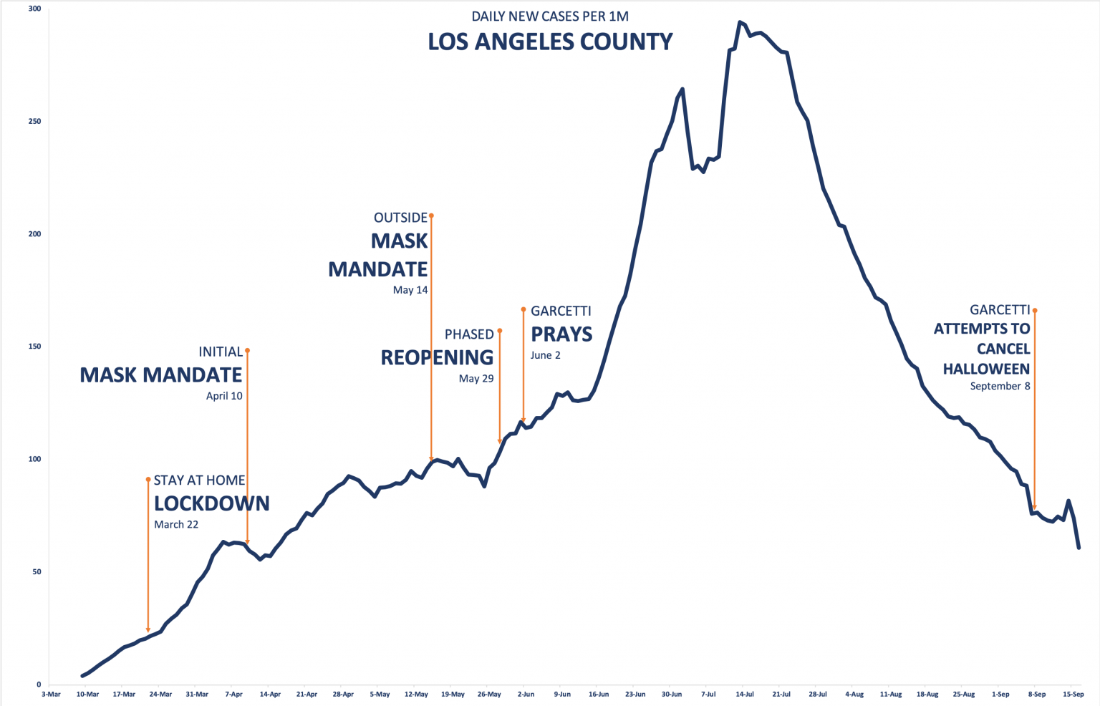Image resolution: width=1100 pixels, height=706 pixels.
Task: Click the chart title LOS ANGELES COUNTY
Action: coord(550,42)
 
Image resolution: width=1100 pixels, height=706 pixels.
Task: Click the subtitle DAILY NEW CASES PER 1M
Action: coord(550,16)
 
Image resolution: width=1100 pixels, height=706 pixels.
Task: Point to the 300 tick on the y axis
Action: coord(35,9)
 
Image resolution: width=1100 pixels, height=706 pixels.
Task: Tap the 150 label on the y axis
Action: coord(35,347)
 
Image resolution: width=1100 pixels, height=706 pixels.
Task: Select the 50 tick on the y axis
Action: coord(37,572)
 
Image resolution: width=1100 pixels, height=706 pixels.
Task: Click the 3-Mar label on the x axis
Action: coord(51,694)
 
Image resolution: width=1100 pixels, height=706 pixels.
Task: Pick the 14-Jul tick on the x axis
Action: coord(745,694)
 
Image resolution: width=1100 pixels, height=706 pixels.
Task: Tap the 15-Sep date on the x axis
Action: coord(1073,694)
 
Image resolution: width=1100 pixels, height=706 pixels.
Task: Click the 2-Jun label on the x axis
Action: coord(526,694)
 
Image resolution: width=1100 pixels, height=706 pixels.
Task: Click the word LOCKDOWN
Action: coord(212,503)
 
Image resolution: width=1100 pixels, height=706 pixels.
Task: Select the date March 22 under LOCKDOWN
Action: coord(176,525)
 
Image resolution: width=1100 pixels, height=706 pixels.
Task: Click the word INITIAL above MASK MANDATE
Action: coord(221,352)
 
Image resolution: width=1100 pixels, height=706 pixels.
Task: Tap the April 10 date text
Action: coord(224,396)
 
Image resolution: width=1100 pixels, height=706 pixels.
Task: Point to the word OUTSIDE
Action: coord(400,218)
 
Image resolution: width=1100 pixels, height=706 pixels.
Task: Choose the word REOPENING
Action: coord(437,357)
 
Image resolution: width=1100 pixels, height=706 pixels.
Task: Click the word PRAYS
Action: coord(561,334)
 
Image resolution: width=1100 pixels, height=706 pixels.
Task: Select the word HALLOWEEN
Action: coord(986,369)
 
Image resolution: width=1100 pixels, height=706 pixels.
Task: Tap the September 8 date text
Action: coord(1000,386)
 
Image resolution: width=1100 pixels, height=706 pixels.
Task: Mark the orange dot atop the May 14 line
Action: coord(431,216)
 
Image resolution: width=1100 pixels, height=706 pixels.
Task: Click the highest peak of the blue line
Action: coord(740,22)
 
